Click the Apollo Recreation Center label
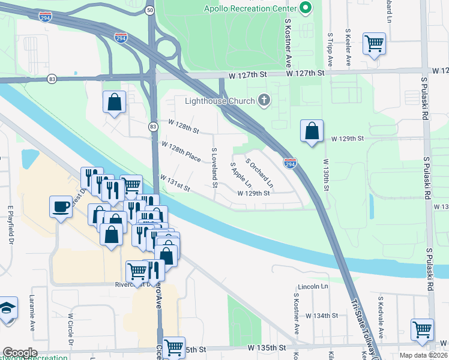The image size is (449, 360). (250, 8)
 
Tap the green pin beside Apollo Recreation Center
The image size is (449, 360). (306, 8)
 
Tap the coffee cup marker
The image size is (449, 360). (60, 206)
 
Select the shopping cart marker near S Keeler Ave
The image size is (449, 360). (374, 43)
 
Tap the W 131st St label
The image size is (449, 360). (175, 184)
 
